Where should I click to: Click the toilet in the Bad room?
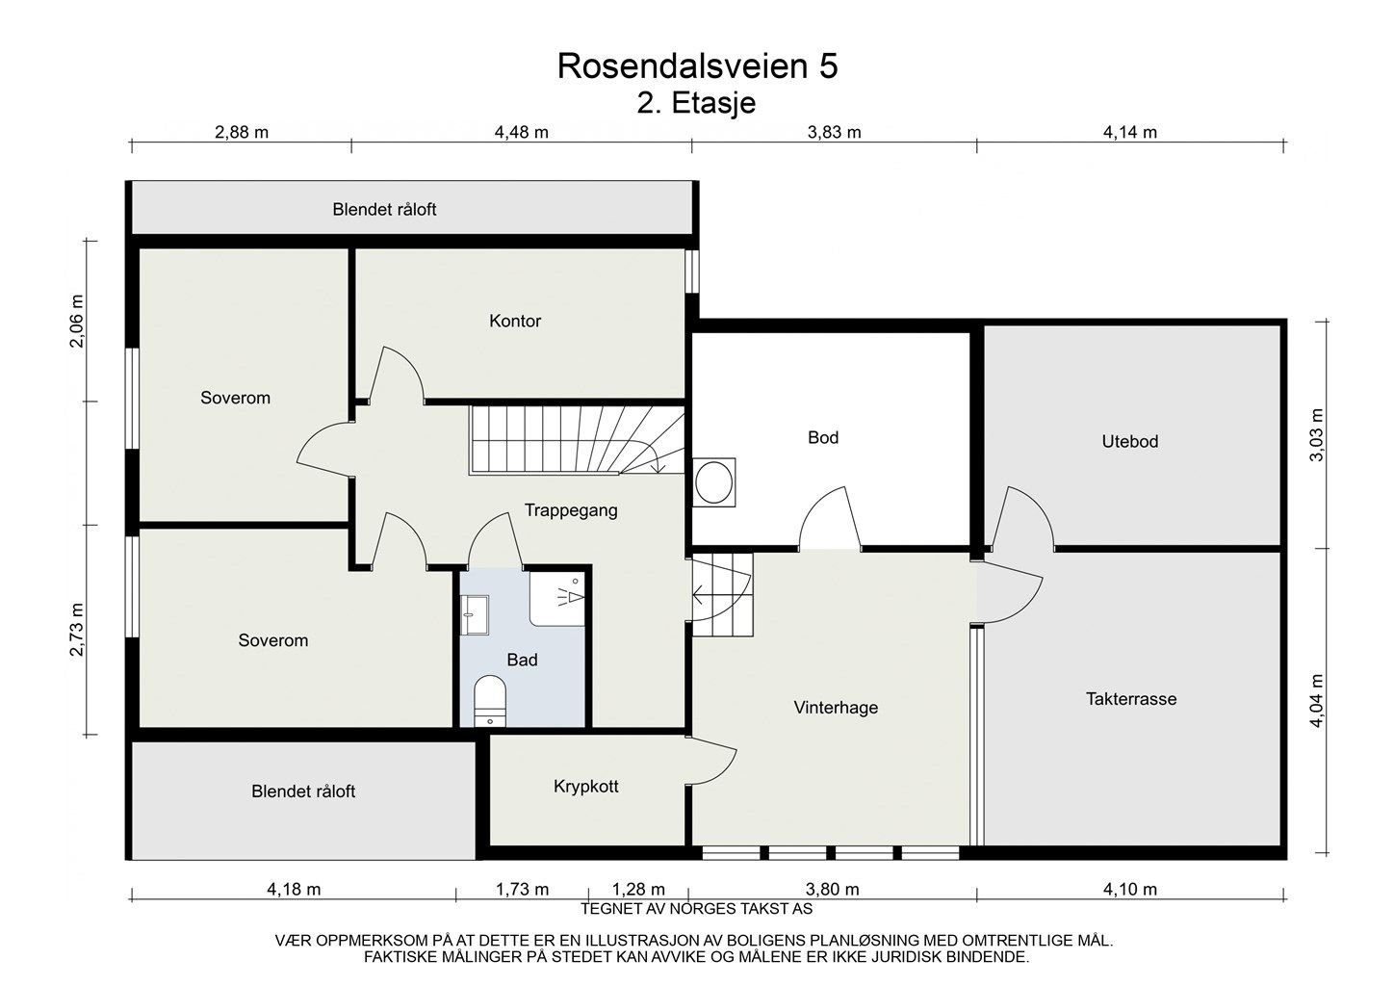click(x=490, y=698)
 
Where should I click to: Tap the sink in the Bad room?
click(x=475, y=614)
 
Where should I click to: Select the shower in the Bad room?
click(x=558, y=597)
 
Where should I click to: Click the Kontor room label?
click(x=515, y=321)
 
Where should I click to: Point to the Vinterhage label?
click(x=836, y=708)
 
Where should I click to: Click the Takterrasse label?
click(x=1131, y=699)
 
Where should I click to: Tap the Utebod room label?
click(x=1130, y=442)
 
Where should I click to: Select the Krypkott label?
click(x=585, y=786)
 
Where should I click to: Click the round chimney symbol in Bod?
click(x=714, y=481)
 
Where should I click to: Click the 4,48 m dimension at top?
click(x=521, y=132)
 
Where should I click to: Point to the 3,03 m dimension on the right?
click(x=1317, y=434)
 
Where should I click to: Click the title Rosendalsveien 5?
click(x=697, y=65)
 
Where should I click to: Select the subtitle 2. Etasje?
click(x=696, y=103)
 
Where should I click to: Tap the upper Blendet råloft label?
click(x=384, y=209)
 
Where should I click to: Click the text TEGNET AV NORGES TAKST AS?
click(x=697, y=908)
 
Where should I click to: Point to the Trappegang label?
click(x=571, y=510)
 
